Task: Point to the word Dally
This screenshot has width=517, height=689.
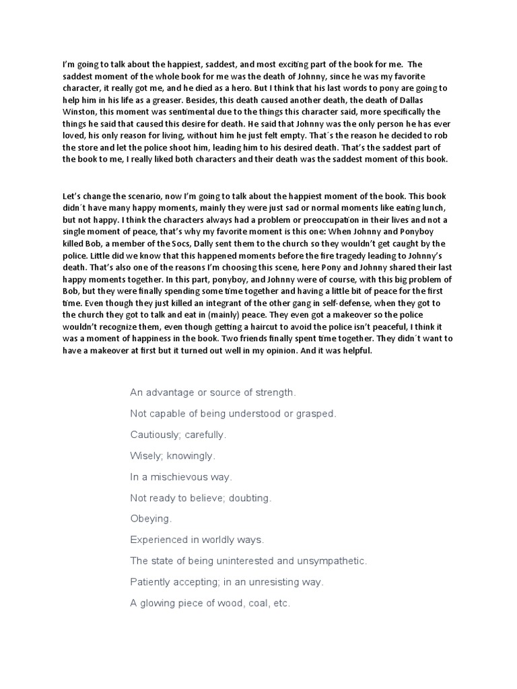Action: (x=218, y=244)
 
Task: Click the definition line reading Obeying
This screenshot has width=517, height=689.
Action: (x=151, y=519)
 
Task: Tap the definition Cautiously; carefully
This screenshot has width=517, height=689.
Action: (x=178, y=435)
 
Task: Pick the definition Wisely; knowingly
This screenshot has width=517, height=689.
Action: (x=172, y=456)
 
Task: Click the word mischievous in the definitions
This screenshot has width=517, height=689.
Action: (x=180, y=476)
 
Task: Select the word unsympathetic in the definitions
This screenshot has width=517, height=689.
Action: (x=327, y=560)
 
